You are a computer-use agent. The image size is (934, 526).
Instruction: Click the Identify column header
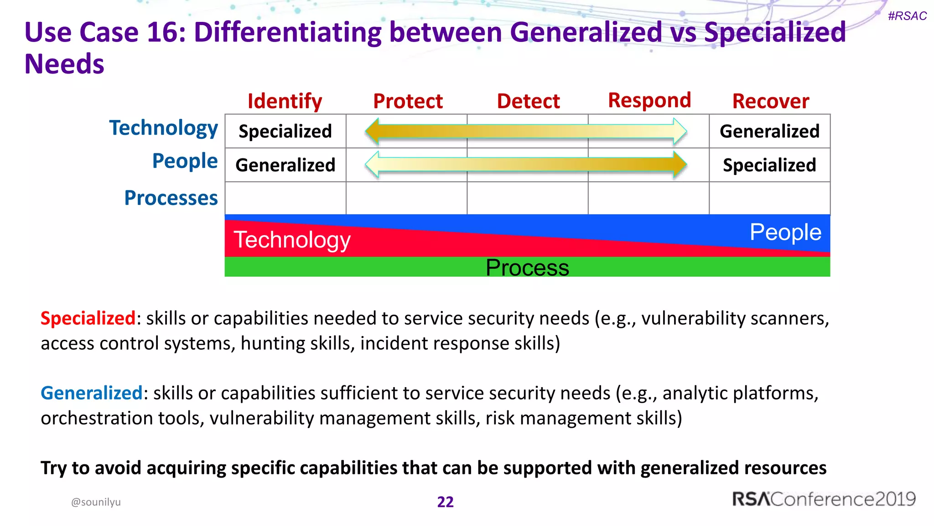tap(285, 101)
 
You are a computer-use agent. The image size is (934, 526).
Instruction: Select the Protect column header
tap(408, 101)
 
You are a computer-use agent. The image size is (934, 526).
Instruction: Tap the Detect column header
tap(528, 101)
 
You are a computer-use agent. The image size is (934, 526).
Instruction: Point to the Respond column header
tap(649, 100)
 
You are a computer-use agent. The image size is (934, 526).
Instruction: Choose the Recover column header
tap(771, 101)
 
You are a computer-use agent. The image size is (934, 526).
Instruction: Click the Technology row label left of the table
tap(164, 128)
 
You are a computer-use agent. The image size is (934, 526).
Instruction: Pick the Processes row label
tap(171, 198)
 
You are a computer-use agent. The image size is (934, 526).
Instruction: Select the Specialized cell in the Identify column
tap(285, 131)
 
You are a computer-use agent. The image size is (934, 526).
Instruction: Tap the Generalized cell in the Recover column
tap(769, 131)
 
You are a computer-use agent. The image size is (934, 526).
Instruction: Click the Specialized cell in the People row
tap(769, 165)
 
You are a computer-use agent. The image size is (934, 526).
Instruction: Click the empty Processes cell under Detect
tap(528, 198)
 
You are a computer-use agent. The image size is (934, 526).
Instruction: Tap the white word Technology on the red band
tap(292, 240)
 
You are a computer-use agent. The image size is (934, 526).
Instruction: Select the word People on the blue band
tap(785, 232)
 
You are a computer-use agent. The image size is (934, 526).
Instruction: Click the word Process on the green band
tap(527, 268)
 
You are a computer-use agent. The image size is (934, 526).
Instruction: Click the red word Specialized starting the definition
tap(88, 318)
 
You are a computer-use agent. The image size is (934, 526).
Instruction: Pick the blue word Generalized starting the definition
tap(92, 393)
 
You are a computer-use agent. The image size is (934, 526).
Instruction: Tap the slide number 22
tap(445, 502)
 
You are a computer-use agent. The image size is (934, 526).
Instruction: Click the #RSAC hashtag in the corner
tap(907, 16)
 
